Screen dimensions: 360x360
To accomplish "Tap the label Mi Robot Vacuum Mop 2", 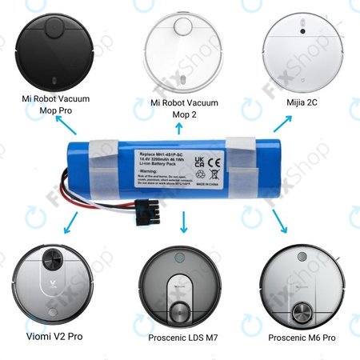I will coord(182,110).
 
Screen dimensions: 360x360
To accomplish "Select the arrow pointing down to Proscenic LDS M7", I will coord(184,221).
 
